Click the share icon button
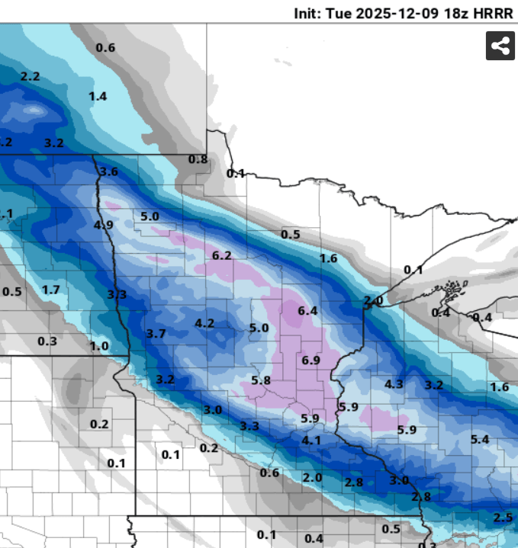click(x=500, y=46)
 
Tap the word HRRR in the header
click(x=497, y=14)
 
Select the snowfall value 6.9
click(x=310, y=360)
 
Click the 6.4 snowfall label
click(x=307, y=310)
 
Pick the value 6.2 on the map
click(x=222, y=255)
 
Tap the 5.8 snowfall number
click(x=261, y=380)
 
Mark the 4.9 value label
click(x=104, y=225)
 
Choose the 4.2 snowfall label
click(x=204, y=322)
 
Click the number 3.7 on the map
click(x=156, y=333)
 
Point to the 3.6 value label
click(x=108, y=171)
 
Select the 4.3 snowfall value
click(x=394, y=383)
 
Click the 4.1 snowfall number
click(x=311, y=440)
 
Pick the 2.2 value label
click(x=31, y=76)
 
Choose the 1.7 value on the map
click(x=51, y=290)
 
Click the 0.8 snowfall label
click(x=198, y=159)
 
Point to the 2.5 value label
click(x=504, y=518)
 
